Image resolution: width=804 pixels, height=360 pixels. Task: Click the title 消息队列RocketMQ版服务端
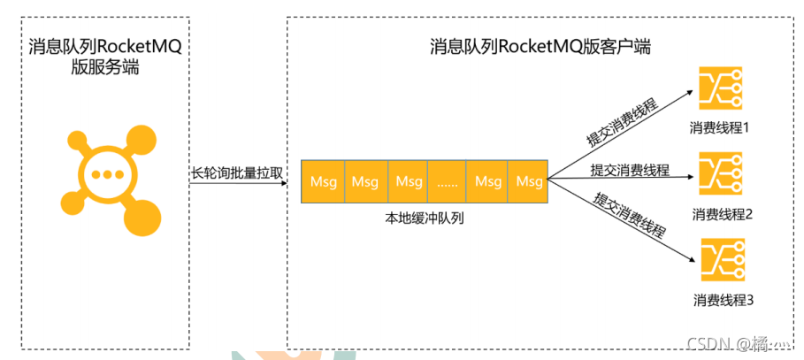coord(104,56)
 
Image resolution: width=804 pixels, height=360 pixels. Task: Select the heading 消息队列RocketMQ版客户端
coord(540,46)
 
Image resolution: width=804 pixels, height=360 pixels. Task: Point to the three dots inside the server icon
coord(106,174)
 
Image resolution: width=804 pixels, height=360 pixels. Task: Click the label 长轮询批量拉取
coord(236,173)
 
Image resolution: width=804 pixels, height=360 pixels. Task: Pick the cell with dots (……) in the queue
coord(448,181)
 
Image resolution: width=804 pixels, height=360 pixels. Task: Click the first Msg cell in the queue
coord(322,181)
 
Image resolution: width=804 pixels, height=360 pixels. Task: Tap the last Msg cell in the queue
coord(529,181)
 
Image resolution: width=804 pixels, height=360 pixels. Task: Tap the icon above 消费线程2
coord(721,173)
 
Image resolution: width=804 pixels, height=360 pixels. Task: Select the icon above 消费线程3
coord(721,259)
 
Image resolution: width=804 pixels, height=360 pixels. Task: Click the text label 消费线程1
coord(720,128)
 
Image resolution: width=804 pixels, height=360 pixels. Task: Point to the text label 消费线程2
coord(722,214)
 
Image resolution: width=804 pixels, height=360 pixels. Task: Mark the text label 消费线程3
coord(724,301)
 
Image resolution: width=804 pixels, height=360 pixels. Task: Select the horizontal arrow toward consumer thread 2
coord(619,179)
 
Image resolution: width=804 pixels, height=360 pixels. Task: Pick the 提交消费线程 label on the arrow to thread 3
coord(629,215)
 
